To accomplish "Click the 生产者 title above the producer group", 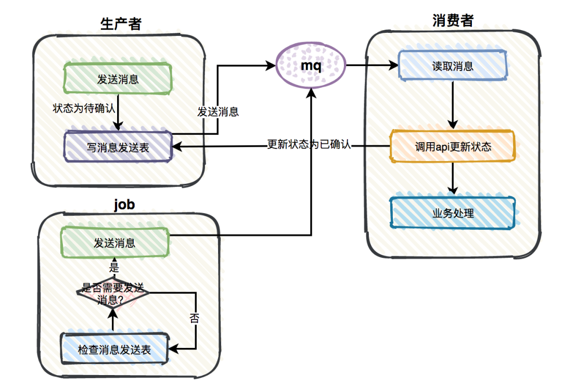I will coord(120,23).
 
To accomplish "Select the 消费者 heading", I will coord(453,20).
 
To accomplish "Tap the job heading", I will coord(124,204).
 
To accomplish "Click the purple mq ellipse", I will coord(311,66).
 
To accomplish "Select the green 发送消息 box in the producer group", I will coord(118,80).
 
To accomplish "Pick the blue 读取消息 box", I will coord(452,66).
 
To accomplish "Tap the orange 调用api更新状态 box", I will coord(452,146).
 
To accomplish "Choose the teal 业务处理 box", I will coord(452,213).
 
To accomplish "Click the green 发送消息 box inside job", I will coord(115,243).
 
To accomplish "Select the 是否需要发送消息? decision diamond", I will coord(113,293).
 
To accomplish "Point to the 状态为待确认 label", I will coord(84,109).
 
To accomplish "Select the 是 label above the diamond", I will coord(114,268).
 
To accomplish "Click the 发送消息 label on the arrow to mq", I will coord(218,111).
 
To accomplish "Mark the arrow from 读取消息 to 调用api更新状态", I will coord(453,104).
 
